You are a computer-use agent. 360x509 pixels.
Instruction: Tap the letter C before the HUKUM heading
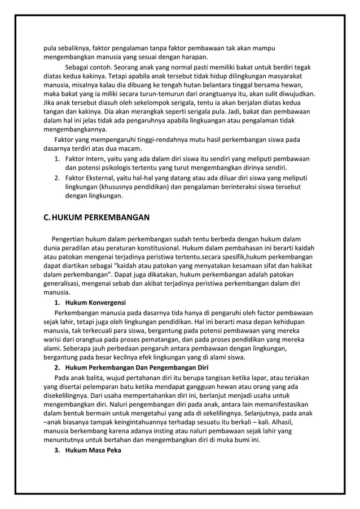[47, 217]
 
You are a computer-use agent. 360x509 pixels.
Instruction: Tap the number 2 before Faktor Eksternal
[57, 177]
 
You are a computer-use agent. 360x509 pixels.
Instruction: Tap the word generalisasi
[65, 283]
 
